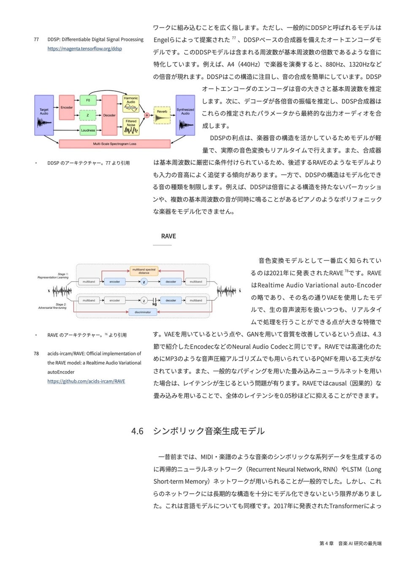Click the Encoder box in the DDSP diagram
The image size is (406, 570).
[x=67, y=108]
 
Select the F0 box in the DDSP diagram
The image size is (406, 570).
[x=88, y=100]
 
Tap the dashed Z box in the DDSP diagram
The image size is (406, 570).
[x=88, y=115]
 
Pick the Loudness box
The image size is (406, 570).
[x=88, y=130]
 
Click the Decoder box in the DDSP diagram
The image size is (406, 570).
[x=109, y=115]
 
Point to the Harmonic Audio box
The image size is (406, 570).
[x=131, y=104]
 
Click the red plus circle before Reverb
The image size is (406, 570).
[x=147, y=115]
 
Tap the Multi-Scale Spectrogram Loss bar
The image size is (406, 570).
[x=114, y=144]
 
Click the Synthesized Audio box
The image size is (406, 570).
[x=185, y=115]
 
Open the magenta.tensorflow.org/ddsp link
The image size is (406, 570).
[x=85, y=49]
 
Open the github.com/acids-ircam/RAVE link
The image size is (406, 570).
[x=86, y=381]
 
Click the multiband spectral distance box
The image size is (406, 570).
[x=144, y=271]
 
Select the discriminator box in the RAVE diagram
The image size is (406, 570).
[x=143, y=312]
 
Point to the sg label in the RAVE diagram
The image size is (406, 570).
[x=154, y=304]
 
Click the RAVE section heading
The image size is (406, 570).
[x=168, y=236]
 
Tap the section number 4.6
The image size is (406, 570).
[x=137, y=431]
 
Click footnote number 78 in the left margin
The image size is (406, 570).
[x=36, y=354]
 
